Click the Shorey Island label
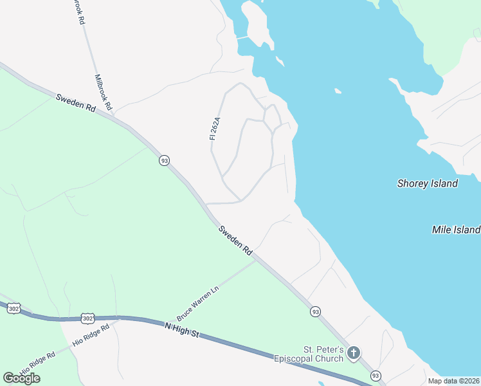pyautogui.click(x=427, y=183)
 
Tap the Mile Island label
pyautogui.click(x=456, y=230)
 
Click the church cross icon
pyautogui.click(x=353, y=353)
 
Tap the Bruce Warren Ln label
pyautogui.click(x=198, y=304)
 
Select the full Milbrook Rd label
pyautogui.click(x=104, y=91)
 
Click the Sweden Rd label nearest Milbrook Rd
pyautogui.click(x=76, y=103)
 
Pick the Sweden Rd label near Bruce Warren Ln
pyautogui.click(x=235, y=242)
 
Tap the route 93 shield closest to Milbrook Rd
pyautogui.click(x=165, y=160)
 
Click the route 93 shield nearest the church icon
pyautogui.click(x=376, y=375)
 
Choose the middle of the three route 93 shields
pyautogui.click(x=315, y=311)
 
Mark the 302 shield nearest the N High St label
pyautogui.click(x=89, y=318)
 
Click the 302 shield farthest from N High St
pyautogui.click(x=14, y=309)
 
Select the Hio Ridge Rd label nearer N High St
pyautogui.click(x=91, y=335)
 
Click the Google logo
pyautogui.click(x=21, y=378)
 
